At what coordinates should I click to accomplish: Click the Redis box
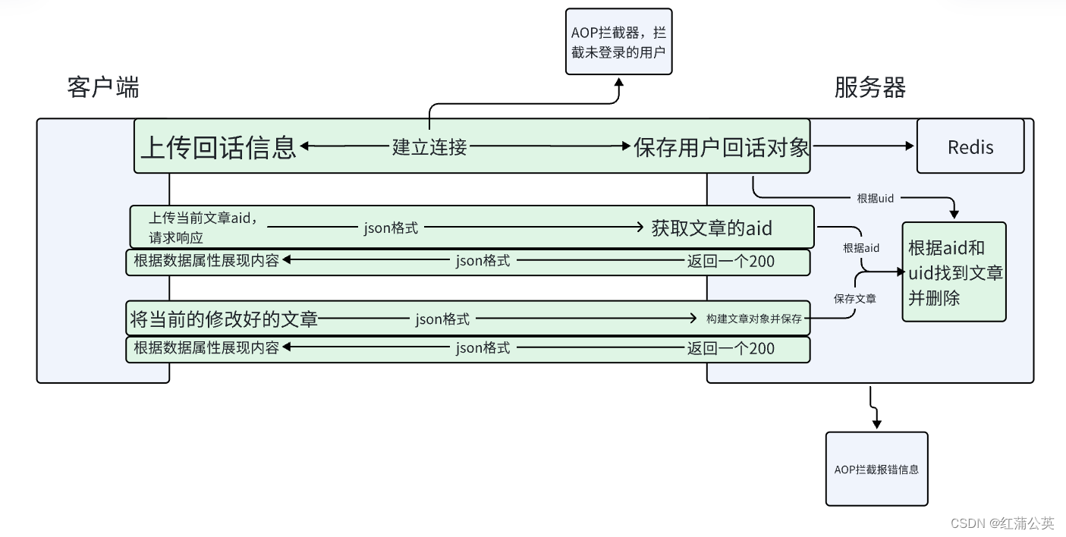click(970, 146)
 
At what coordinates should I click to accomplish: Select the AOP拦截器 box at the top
click(618, 42)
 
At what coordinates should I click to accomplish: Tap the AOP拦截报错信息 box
click(876, 469)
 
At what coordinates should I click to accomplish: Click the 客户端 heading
click(103, 88)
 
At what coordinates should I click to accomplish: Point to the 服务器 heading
click(870, 88)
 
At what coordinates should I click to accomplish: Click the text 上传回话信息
click(219, 146)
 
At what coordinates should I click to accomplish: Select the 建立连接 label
click(429, 147)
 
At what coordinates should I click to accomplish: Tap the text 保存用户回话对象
click(722, 146)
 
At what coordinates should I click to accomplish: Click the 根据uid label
click(876, 198)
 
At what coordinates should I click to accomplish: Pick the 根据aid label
click(861, 248)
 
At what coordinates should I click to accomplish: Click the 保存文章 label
click(855, 299)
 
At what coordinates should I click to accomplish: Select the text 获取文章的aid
click(711, 228)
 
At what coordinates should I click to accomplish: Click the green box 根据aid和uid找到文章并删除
click(954, 272)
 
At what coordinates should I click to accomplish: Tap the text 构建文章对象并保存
click(753, 319)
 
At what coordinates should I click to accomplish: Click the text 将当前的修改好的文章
click(224, 319)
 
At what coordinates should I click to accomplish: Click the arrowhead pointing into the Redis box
click(910, 146)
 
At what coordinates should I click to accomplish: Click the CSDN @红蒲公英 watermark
click(1002, 523)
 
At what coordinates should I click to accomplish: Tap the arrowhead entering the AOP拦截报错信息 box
click(876, 426)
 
